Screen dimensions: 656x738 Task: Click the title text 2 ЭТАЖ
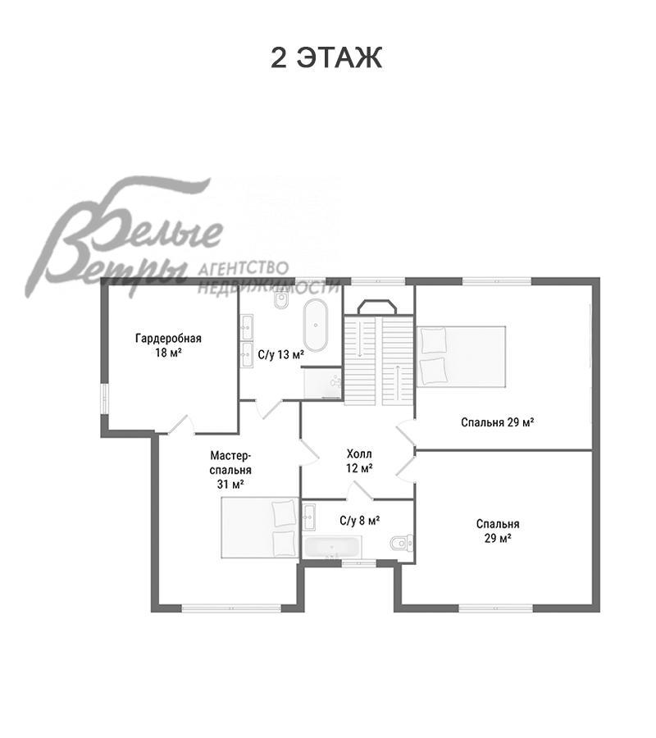[x=326, y=57]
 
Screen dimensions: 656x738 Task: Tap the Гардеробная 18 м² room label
[x=168, y=345]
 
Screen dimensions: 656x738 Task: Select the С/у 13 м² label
[x=281, y=354]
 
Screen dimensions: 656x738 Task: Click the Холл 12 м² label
[x=359, y=461]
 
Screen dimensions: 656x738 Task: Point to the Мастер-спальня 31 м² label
[x=230, y=469]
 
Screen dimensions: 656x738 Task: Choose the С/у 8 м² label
[x=359, y=520]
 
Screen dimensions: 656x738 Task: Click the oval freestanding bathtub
[x=316, y=325]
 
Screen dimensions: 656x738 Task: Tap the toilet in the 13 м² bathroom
[x=281, y=300]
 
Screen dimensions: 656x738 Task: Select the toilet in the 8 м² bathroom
[x=402, y=543]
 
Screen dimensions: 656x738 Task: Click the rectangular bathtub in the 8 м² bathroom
[x=333, y=546]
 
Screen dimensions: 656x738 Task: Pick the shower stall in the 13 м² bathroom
[x=323, y=383]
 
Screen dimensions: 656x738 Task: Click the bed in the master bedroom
[x=260, y=527]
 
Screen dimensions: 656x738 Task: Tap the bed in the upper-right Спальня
[x=461, y=357]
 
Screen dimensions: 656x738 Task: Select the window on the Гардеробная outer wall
[x=104, y=399]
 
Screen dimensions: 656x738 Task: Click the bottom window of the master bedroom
[x=231, y=608]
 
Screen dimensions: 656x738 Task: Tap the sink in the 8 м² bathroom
[x=309, y=517]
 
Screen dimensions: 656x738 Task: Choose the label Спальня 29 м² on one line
[x=497, y=422]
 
